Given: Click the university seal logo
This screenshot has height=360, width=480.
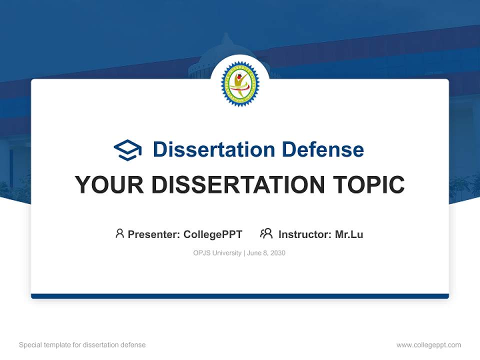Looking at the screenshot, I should [x=240, y=83].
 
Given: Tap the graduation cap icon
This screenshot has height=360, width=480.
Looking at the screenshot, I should [x=127, y=149].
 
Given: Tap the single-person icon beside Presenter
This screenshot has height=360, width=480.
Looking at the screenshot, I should [x=119, y=233].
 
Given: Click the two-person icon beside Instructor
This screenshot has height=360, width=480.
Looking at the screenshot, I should [x=266, y=233].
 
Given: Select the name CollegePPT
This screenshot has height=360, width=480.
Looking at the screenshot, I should [x=212, y=234].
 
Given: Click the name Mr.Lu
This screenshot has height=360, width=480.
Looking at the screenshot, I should [x=349, y=234].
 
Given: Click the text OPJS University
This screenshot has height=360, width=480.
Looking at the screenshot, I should [x=217, y=253].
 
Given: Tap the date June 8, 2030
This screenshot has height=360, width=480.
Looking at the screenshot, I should [x=266, y=253].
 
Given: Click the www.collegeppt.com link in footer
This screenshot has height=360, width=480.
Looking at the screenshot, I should [x=428, y=345].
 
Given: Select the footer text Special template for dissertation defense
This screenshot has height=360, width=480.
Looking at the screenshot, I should [x=82, y=345].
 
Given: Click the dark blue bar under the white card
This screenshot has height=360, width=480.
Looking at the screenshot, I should [x=240, y=296].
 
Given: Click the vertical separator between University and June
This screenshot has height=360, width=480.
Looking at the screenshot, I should [x=244, y=253].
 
